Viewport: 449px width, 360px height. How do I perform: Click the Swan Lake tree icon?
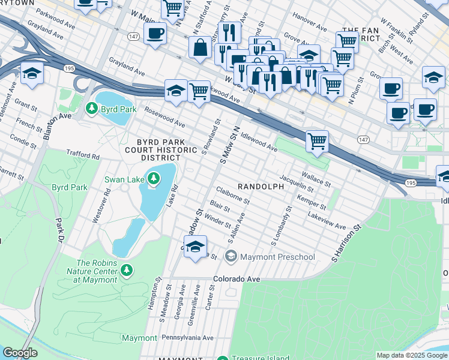pos(154,178)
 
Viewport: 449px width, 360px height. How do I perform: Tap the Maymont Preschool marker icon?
pos(231,257)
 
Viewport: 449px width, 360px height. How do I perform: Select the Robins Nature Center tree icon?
pos(126,269)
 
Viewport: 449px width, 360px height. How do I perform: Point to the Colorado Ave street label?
pos(238,280)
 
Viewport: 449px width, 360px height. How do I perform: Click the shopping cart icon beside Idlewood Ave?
pos(317,142)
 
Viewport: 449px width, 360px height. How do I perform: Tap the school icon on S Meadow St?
pos(195,247)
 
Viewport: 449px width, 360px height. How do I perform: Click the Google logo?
pos(20,353)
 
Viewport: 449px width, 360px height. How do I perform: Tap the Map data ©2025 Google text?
pos(411,355)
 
